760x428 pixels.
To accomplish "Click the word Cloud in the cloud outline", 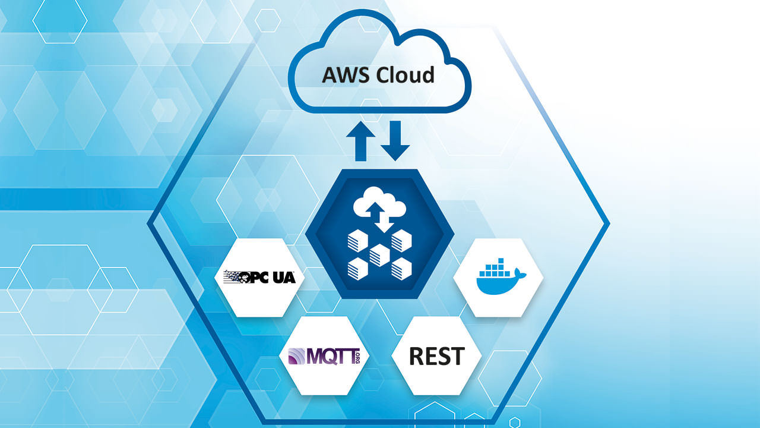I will pos(404,75).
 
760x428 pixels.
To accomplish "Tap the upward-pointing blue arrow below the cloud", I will pos(361,142).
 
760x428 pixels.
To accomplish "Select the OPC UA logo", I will pos(259,276).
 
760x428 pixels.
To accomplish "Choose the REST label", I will pos(436,356).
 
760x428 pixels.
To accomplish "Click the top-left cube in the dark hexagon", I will pos(357,241).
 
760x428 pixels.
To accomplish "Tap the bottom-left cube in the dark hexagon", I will pos(357,268).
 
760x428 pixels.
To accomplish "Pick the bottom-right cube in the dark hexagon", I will pos(401,268).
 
